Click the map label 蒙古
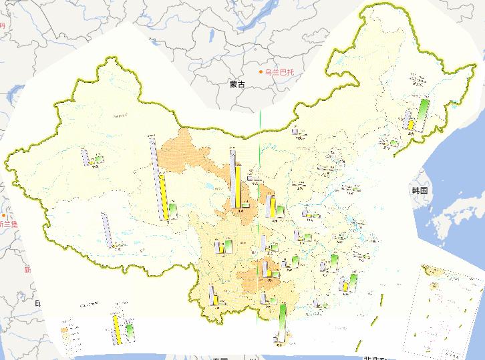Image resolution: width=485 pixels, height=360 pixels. (x=236, y=84)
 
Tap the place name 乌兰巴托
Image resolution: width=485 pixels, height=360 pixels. (x=280, y=72)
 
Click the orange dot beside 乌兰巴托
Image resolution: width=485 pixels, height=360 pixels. (x=262, y=72)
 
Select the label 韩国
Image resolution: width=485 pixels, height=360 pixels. (x=420, y=190)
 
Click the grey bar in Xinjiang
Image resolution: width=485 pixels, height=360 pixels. (x=85, y=158)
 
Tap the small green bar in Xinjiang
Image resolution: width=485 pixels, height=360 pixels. (x=98, y=160)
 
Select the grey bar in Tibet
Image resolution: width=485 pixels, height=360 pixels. (x=106, y=229)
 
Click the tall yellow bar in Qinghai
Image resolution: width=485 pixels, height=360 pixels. (x=164, y=198)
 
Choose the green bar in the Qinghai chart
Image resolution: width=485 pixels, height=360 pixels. (x=173, y=210)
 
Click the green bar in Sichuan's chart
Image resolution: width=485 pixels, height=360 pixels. (x=228, y=247)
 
